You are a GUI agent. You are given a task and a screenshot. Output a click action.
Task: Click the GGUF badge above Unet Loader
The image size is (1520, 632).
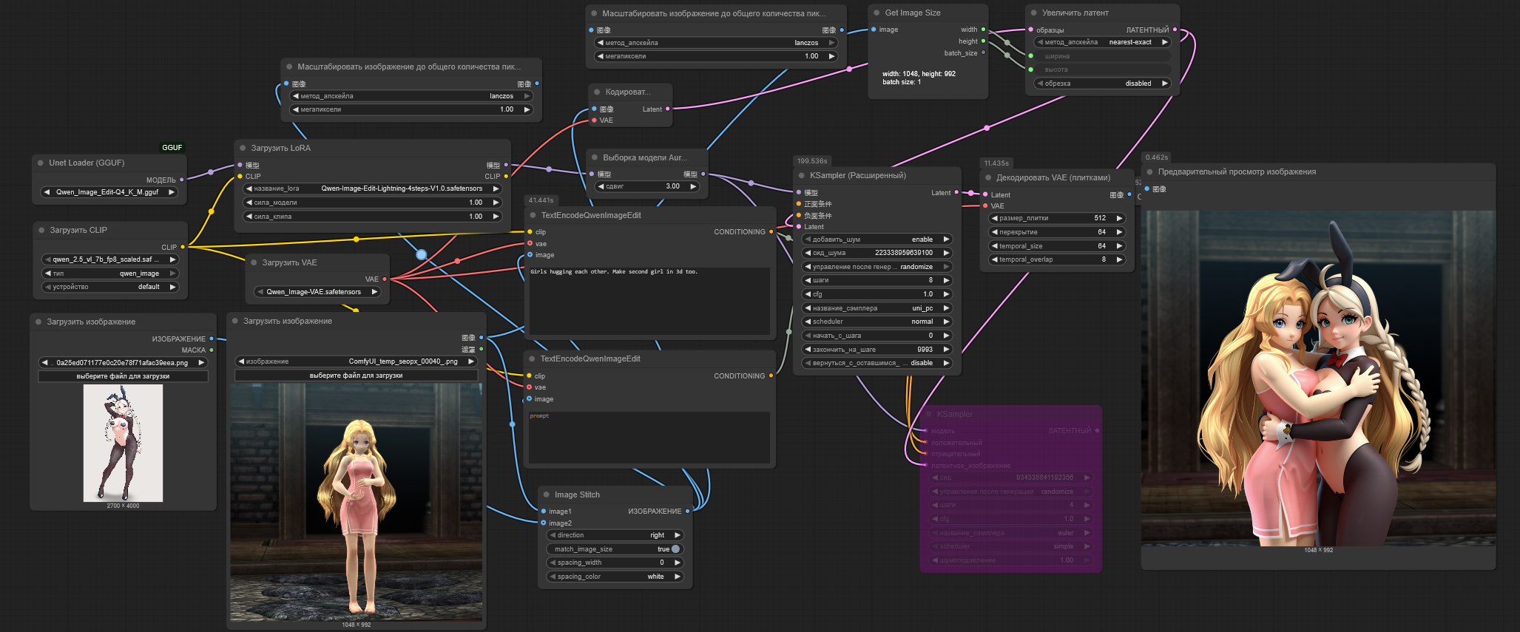pos(172,147)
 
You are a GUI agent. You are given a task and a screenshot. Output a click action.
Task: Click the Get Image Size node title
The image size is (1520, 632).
pos(913,13)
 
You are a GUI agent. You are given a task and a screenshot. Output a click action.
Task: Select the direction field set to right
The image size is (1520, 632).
pos(615,535)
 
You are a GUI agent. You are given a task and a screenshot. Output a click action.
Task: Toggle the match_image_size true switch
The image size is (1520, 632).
pos(675,549)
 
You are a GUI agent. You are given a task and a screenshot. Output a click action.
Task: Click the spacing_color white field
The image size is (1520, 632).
pos(615,577)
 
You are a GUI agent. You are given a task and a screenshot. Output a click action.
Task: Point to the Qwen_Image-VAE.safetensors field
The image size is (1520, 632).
pos(314,292)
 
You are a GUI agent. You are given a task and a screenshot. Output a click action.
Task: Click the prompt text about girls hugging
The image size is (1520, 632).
pos(614,272)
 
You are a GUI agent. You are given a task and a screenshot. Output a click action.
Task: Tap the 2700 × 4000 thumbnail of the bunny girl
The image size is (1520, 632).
pos(123,443)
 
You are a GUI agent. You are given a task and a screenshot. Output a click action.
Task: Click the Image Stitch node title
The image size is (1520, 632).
pos(577,495)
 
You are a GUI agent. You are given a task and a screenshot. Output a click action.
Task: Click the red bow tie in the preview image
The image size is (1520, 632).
pos(1335,360)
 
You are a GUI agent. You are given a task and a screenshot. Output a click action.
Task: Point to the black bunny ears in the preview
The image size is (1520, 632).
pos(1310,277)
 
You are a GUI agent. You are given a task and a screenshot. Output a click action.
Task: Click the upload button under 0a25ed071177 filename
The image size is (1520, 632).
pos(123,376)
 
